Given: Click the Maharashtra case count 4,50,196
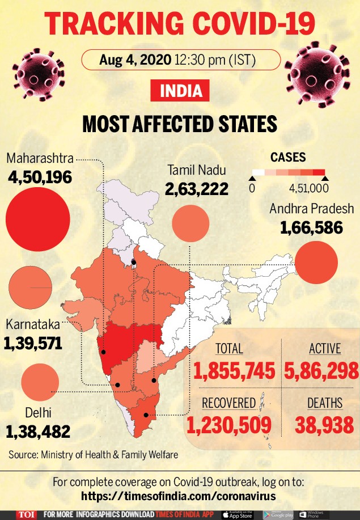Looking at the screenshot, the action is tap(40, 177).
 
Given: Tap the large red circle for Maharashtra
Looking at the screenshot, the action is tap(38, 219).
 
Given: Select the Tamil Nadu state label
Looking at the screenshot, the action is tap(197, 170).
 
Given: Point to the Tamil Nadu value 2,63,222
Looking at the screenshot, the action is tap(197, 189).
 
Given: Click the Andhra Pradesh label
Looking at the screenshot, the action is tap(312, 209).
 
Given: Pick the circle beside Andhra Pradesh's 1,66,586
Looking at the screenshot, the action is tap(316, 263).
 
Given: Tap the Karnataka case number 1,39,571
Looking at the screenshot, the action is tap(33, 343).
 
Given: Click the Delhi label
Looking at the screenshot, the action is tap(38, 413).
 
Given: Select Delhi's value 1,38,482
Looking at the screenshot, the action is tap(38, 432).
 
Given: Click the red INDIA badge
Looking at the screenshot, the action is tap(180, 91).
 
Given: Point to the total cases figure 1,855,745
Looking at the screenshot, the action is tap(234, 370).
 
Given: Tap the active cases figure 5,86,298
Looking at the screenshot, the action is tap(321, 370).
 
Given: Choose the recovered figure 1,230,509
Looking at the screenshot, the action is tap(228, 425).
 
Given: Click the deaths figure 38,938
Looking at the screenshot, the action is tap(324, 425).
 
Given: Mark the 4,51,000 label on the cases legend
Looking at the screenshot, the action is tap(309, 188).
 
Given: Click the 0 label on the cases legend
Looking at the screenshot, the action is tap(252, 188).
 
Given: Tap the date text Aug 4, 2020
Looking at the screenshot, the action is tap(135, 60).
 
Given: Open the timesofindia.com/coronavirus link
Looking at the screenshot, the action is tap(179, 496).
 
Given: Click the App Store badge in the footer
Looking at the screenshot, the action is tap(238, 515).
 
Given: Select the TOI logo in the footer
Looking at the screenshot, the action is tap(26, 515).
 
